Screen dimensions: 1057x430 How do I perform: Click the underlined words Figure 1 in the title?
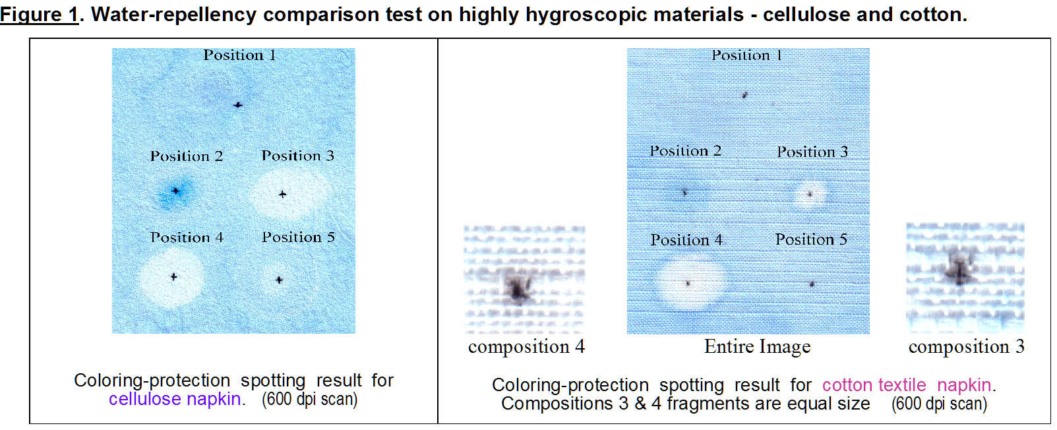[x=39, y=14]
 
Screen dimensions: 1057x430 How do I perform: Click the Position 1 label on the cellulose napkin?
[x=240, y=55]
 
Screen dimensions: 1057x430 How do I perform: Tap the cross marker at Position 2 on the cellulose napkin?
[x=175, y=191]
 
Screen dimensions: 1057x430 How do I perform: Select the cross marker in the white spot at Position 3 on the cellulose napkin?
[x=282, y=194]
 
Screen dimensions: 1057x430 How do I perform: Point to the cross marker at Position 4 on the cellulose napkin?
[x=173, y=276]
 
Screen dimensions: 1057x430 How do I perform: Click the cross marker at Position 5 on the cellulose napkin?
[x=280, y=280]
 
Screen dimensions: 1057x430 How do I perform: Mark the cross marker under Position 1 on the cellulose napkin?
[x=238, y=105]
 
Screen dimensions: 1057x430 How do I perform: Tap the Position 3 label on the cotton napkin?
[x=812, y=152]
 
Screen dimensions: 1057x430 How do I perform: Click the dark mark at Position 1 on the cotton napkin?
[x=744, y=95]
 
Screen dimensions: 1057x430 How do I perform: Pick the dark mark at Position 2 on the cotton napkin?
[x=684, y=192]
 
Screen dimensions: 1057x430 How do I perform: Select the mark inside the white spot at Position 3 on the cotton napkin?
[x=810, y=194]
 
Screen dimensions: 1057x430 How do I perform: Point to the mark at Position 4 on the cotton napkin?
[x=688, y=284]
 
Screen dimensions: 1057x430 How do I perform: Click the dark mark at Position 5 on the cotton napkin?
[x=812, y=284]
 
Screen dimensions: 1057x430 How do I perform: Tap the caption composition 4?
[x=527, y=347]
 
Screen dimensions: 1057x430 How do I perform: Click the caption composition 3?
[x=967, y=347]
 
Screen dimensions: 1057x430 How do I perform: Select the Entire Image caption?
[x=758, y=347]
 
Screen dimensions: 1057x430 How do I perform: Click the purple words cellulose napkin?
[x=175, y=399]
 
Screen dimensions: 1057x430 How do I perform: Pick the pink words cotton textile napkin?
[x=907, y=385]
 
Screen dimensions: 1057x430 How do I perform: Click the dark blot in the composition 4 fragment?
[x=518, y=286]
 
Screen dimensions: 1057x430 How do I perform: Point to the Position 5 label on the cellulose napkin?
[x=298, y=237]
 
